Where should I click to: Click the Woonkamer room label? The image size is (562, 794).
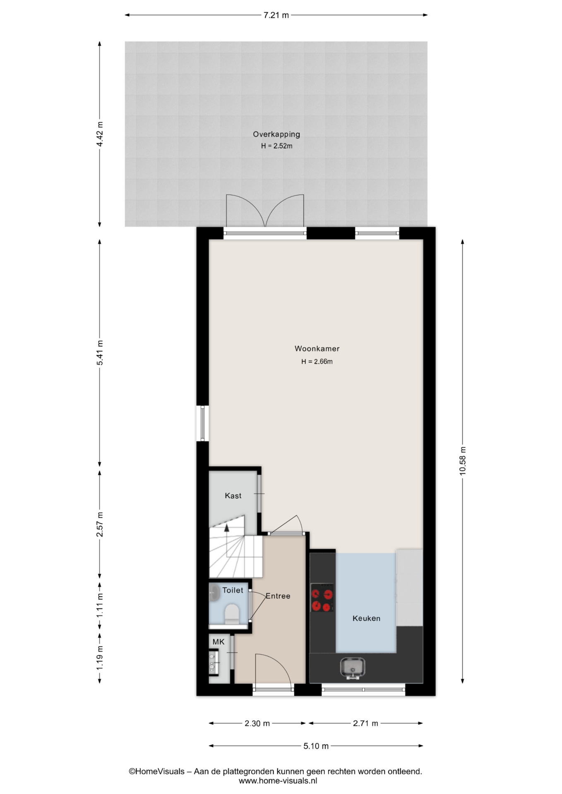(x=317, y=349)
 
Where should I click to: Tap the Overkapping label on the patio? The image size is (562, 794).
(x=276, y=134)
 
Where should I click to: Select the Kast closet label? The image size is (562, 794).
(x=233, y=495)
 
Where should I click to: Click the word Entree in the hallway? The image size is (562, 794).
(x=278, y=596)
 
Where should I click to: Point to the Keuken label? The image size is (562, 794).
(x=366, y=618)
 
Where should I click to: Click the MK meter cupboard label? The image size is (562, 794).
(x=219, y=642)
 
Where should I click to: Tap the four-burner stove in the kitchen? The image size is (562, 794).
(x=322, y=598)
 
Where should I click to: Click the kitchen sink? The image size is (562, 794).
(x=353, y=667)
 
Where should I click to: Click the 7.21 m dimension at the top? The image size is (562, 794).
(x=276, y=15)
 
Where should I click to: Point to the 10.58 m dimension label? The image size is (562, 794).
(x=463, y=461)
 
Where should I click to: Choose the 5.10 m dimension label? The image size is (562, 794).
(x=316, y=746)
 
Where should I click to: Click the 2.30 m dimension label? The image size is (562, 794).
(x=257, y=723)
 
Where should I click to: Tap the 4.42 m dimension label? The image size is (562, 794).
(x=100, y=134)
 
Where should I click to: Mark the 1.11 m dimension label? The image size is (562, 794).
(x=100, y=606)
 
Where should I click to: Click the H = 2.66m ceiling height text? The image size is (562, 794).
(x=317, y=361)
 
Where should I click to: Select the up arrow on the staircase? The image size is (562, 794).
(x=226, y=528)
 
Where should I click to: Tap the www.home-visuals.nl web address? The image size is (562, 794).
(x=278, y=781)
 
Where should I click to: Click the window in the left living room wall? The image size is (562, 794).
(x=202, y=423)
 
